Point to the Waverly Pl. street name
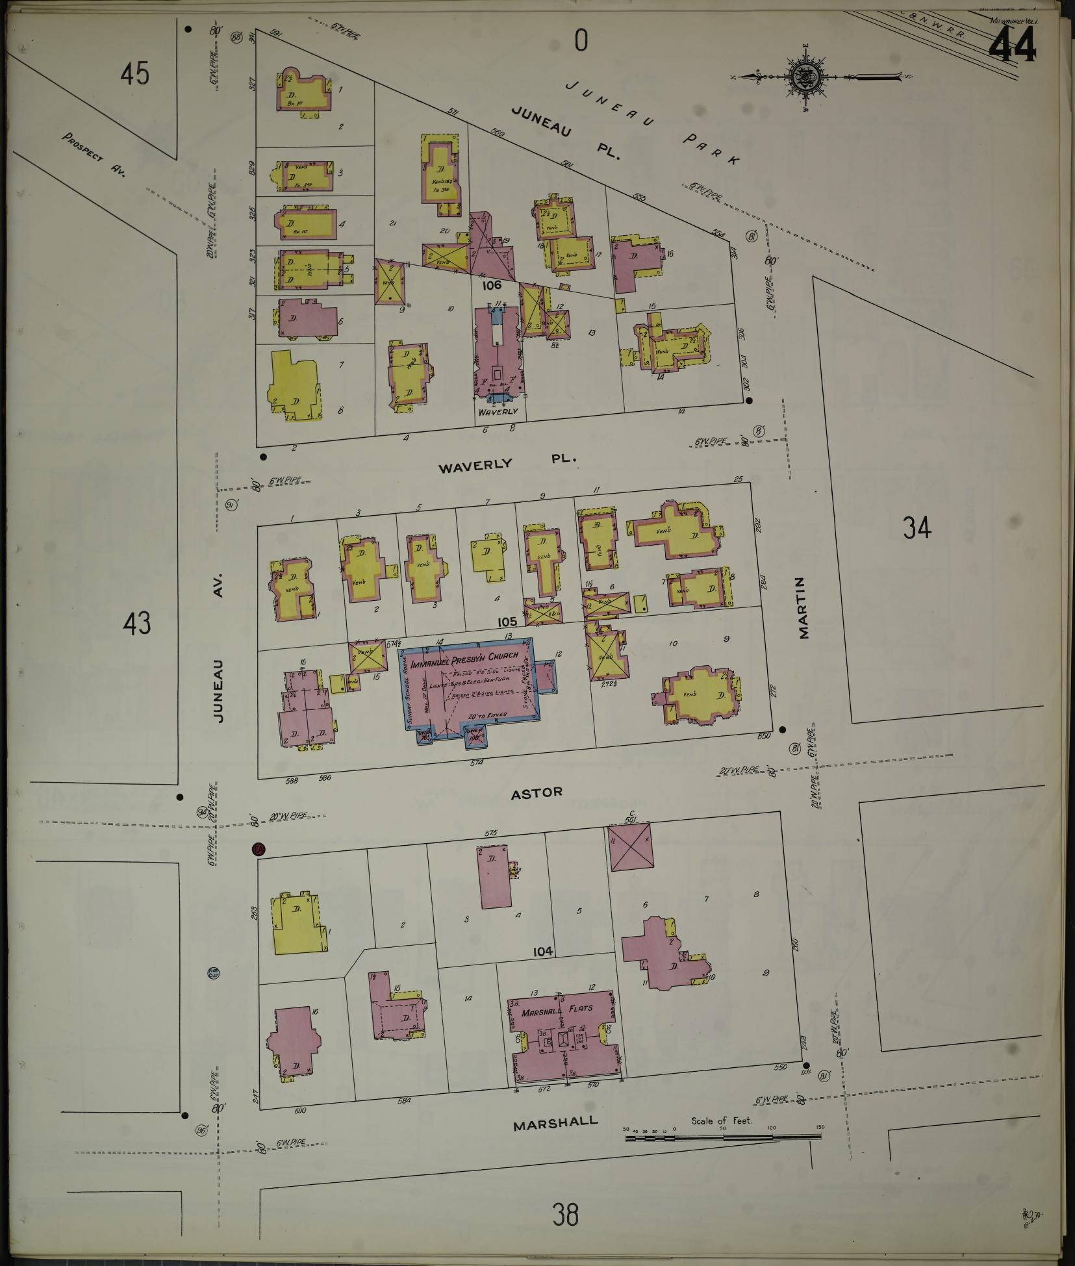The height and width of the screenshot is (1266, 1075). [x=507, y=462]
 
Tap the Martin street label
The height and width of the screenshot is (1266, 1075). [x=804, y=608]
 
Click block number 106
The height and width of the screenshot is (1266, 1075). [x=492, y=285]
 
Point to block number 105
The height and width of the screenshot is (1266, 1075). [x=507, y=622]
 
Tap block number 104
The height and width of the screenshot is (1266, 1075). [x=542, y=952]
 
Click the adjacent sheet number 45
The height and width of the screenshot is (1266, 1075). [x=134, y=73]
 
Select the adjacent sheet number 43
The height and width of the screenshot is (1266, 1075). [x=136, y=624]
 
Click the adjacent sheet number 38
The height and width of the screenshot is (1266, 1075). [x=565, y=1213]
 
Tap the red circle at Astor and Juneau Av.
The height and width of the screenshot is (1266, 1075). [x=259, y=848]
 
